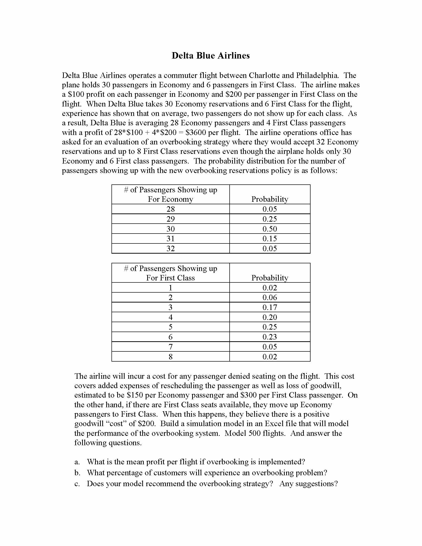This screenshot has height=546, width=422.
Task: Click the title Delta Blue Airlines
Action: pos(211,56)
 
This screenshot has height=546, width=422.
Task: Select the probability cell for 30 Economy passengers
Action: pos(270,229)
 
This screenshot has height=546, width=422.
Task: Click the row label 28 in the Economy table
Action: pos(171,209)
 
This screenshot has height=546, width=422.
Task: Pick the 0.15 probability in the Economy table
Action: pos(270,239)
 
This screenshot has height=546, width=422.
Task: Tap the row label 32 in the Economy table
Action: pos(171,248)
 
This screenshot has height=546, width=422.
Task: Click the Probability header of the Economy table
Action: pos(270,199)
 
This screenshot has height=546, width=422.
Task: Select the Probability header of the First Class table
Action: pos(270,278)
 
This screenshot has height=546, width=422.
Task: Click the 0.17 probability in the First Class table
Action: pos(270,307)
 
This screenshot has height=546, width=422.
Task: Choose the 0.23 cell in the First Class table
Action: pos(270,337)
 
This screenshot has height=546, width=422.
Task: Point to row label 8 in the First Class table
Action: pos(171,356)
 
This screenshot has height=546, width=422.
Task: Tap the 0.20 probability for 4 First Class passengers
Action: pos(270,317)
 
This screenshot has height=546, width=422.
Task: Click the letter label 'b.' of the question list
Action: pos(77,473)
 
